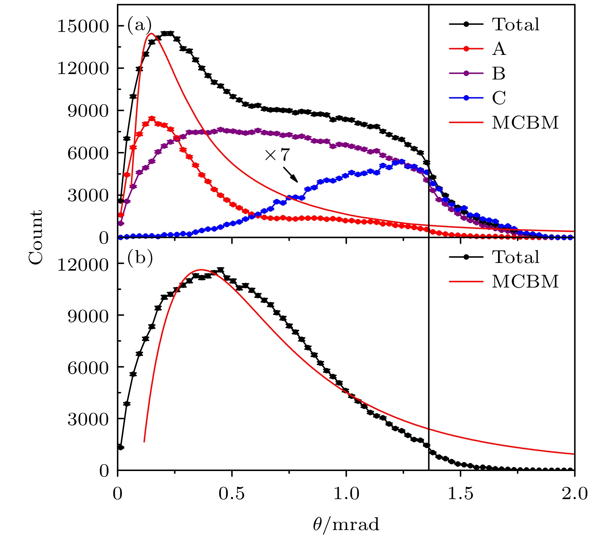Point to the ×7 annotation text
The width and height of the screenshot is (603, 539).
coord(277,155)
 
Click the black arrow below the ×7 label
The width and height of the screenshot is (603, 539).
coord(290,174)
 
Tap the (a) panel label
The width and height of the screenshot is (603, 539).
coord(139,24)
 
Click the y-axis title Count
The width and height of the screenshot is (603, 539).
coord(35,237)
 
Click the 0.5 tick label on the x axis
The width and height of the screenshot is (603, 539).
coord(232,494)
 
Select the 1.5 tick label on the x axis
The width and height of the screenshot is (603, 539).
coord(460,494)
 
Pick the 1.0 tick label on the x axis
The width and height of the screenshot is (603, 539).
coord(346,494)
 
